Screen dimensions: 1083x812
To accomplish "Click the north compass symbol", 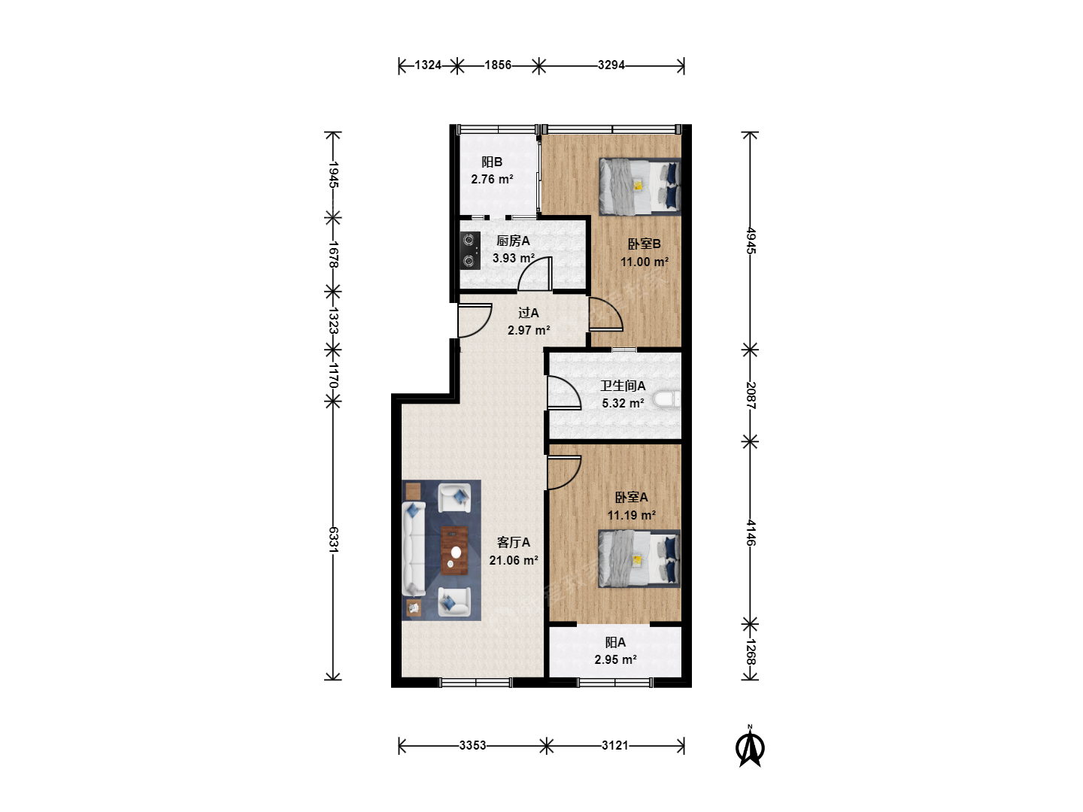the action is (x=750, y=747).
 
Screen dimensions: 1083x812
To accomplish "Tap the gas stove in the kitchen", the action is (x=470, y=250).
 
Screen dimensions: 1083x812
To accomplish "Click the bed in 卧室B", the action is (x=640, y=187).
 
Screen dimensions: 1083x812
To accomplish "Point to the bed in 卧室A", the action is (x=639, y=559).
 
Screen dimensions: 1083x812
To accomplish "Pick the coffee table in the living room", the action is (x=454, y=550).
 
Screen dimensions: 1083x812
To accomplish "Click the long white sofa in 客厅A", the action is (x=414, y=549).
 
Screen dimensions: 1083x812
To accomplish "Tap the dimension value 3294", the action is (x=611, y=65).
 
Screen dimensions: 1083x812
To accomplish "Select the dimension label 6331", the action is (x=333, y=539).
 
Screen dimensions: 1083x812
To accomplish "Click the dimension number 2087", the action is (x=751, y=395).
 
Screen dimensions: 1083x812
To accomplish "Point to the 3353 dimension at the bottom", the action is (x=472, y=745).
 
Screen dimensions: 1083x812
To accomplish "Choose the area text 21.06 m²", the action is (x=514, y=560).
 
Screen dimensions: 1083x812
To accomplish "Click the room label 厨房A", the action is (x=513, y=241).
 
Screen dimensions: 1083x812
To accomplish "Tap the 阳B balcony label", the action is (x=492, y=162).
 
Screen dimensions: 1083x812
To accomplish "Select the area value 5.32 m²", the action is (x=623, y=403).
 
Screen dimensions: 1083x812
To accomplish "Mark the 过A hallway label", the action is (x=529, y=313).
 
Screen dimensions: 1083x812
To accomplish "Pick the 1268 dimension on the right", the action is (x=751, y=652).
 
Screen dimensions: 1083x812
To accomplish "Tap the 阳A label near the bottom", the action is (x=615, y=642).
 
